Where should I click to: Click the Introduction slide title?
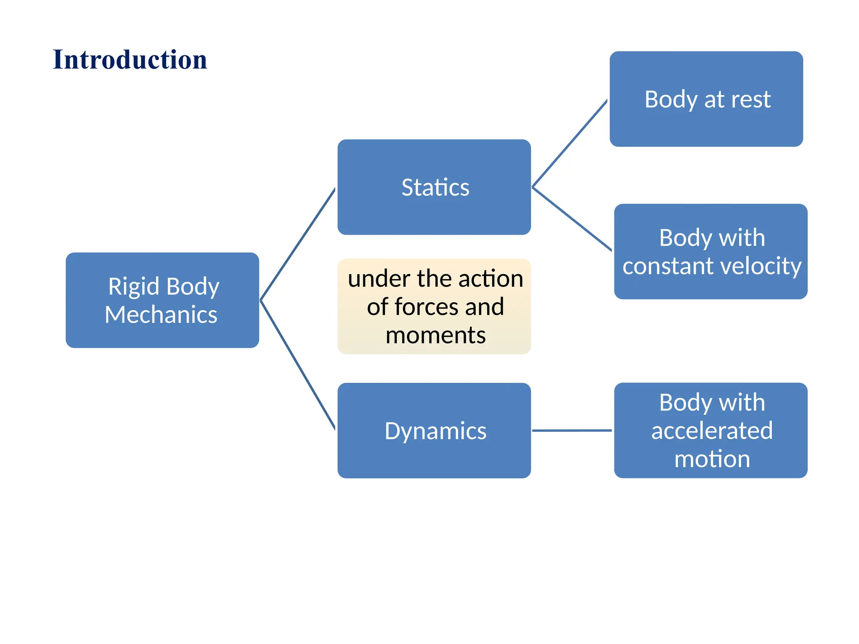(x=130, y=60)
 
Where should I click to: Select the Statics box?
(x=434, y=187)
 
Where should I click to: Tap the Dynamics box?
(x=434, y=431)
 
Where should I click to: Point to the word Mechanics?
(x=161, y=315)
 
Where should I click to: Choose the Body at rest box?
(x=706, y=99)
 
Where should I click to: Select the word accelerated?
(x=712, y=431)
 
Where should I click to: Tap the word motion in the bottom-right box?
(x=712, y=459)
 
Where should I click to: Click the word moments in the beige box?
(x=435, y=335)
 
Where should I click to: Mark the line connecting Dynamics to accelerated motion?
(x=572, y=431)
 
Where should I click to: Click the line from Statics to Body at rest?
(x=570, y=143)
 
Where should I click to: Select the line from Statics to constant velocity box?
(x=572, y=219)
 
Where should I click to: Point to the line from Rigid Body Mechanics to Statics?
(x=298, y=244)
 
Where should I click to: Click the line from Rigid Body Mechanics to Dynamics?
(x=298, y=365)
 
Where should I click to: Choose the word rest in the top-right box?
(x=751, y=99)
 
